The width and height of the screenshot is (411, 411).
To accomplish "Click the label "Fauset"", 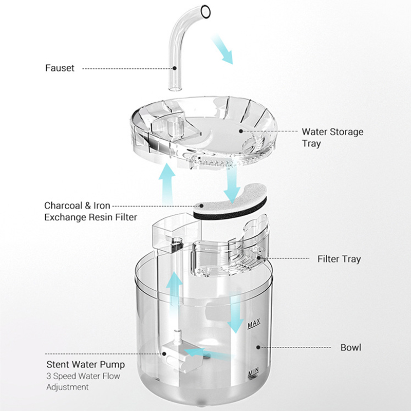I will tap(60, 67).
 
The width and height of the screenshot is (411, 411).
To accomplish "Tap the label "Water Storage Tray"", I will tap(332, 138).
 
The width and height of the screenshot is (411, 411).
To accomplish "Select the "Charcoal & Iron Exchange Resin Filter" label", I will tap(90, 211).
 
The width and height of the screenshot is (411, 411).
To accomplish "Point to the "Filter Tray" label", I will tap(339, 259).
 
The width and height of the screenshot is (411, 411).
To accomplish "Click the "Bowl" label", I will tap(351, 347).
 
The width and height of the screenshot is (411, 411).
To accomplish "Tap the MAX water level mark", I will tap(254, 325).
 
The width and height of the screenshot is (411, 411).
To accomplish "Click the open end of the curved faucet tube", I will tap(206, 10).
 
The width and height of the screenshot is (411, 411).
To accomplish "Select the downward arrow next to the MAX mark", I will tap(235, 311).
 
